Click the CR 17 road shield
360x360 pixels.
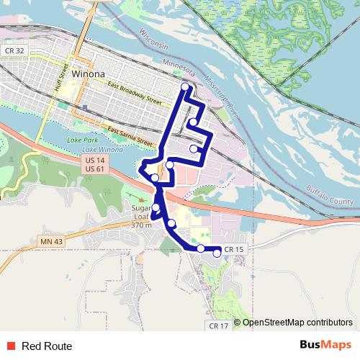click(x=219, y=325)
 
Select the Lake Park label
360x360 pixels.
click(x=80, y=139)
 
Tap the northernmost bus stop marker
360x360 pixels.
click(x=185, y=87)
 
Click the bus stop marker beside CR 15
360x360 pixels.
click(x=217, y=253)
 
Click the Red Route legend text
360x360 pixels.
click(x=47, y=346)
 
